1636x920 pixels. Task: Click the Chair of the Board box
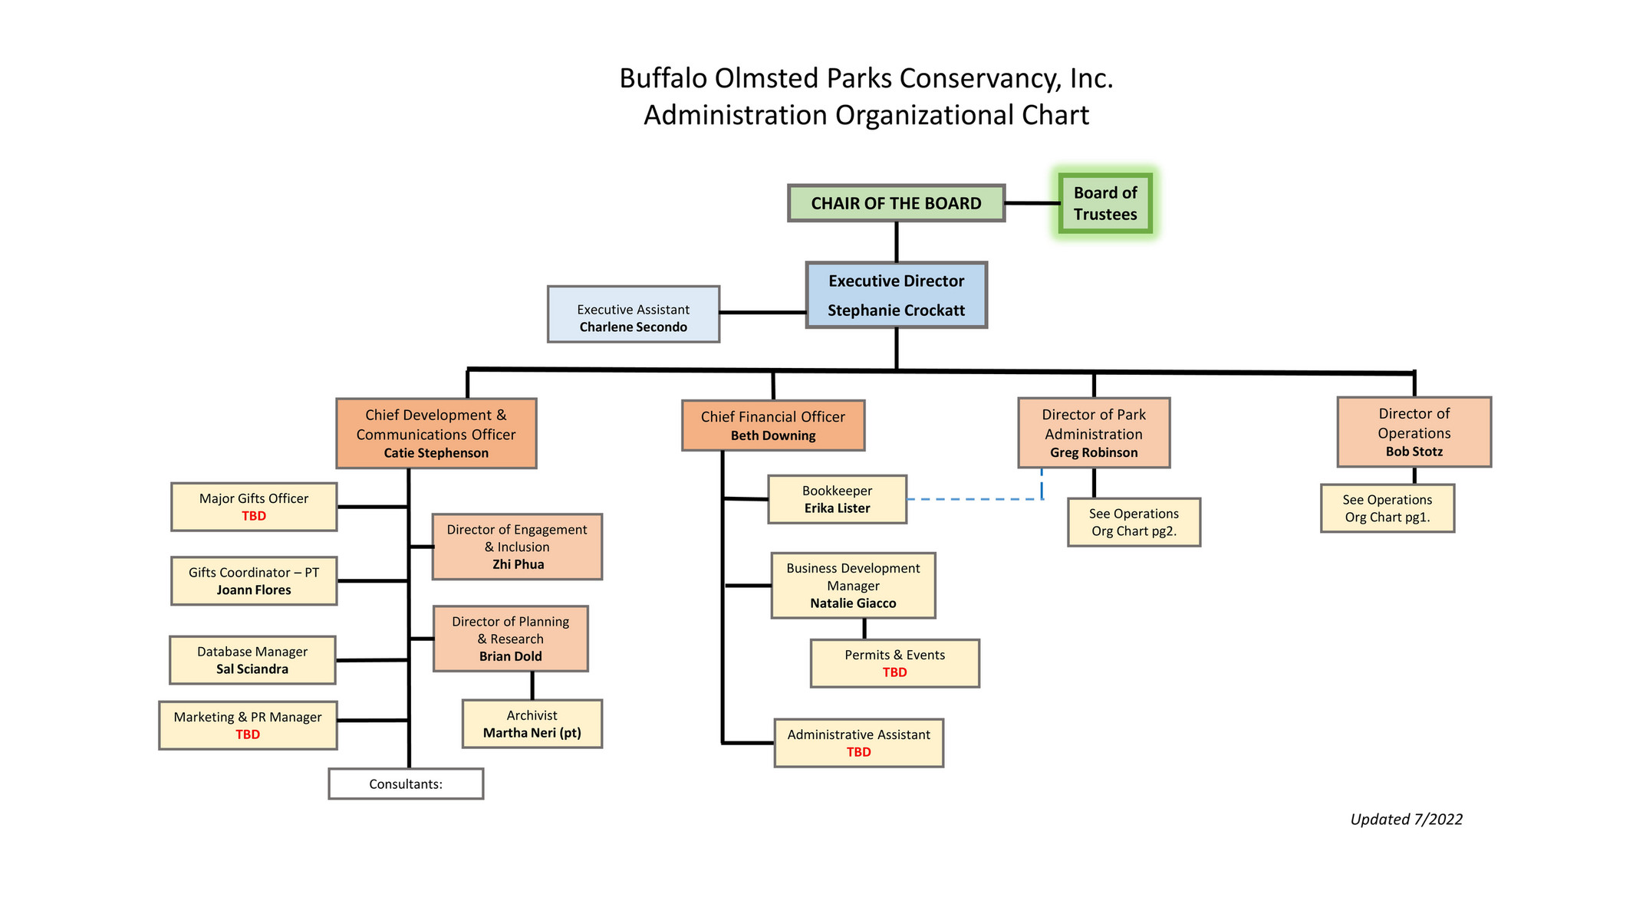tap(896, 203)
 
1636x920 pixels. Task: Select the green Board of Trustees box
tap(1104, 203)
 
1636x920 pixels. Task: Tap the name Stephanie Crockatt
tap(896, 310)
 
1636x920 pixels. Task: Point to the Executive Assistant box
tap(633, 314)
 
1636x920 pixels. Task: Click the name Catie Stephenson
tap(436, 453)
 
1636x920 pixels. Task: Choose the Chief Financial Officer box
tap(772, 425)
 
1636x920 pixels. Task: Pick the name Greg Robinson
tap(1094, 452)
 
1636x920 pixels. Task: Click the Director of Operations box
tap(1414, 432)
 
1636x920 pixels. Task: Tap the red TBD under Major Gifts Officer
tap(254, 516)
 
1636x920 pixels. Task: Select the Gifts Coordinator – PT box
tap(254, 580)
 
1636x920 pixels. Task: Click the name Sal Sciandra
tap(252, 669)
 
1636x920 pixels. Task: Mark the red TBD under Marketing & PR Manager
tap(248, 734)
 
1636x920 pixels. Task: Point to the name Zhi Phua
tap(518, 564)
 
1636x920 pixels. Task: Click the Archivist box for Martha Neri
tap(532, 723)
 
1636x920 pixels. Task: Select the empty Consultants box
tap(406, 784)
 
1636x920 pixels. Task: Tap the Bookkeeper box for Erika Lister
tap(837, 499)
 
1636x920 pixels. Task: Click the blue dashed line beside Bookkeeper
tap(974, 499)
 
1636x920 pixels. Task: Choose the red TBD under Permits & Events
tap(894, 672)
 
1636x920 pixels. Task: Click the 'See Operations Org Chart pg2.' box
tap(1134, 522)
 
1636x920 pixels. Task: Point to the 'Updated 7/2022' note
tap(1406, 819)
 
